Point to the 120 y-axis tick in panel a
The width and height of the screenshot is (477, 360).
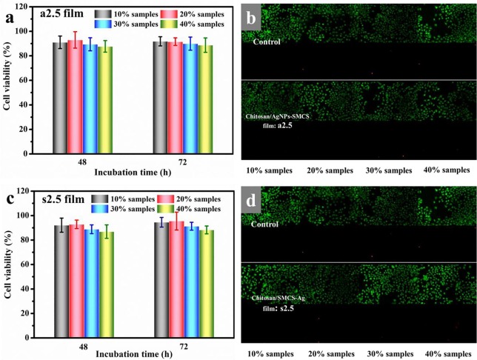pyautogui.click(x=27, y=8)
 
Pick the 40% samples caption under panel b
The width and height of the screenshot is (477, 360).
pyautogui.click(x=442, y=170)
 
